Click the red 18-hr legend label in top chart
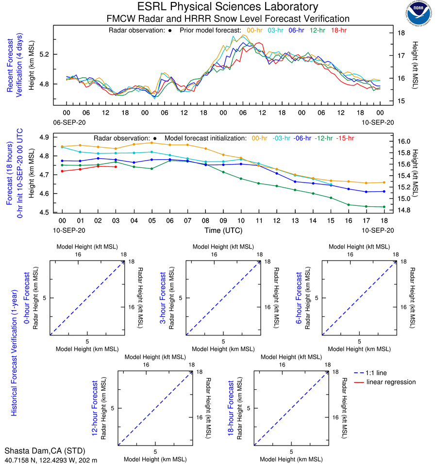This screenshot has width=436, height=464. (x=339, y=30)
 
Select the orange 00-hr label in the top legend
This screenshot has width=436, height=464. (x=255, y=30)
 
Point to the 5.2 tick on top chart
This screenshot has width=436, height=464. (x=58, y=54)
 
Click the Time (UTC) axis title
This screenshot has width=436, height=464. (x=223, y=230)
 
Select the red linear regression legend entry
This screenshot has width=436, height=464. (x=391, y=382)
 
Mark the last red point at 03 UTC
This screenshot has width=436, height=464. (x=116, y=167)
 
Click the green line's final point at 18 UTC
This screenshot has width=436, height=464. (x=384, y=207)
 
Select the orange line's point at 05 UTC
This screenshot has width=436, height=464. (x=151, y=143)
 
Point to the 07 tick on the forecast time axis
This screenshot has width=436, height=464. (x=187, y=221)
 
